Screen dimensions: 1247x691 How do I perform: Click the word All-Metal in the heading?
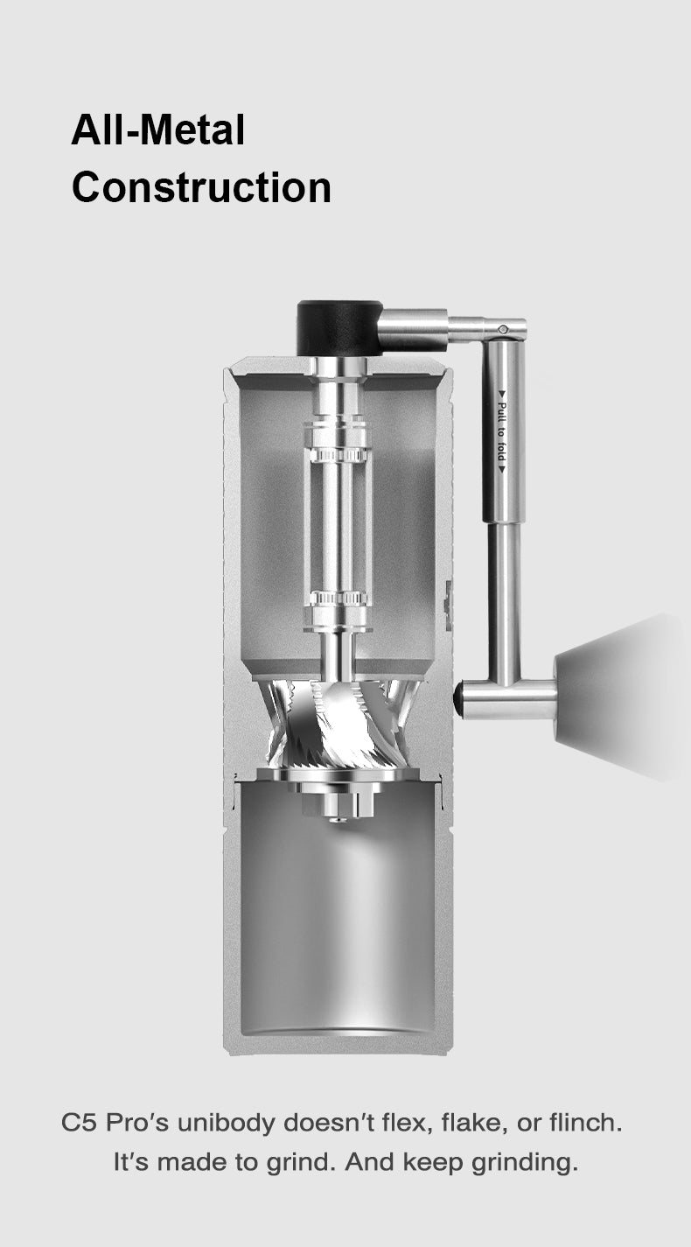[157, 130]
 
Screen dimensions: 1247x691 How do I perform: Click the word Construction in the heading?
[201, 187]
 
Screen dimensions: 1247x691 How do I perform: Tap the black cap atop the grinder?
[339, 327]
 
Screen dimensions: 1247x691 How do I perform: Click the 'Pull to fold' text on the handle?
[502, 432]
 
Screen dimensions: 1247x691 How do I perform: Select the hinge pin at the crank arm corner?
[503, 329]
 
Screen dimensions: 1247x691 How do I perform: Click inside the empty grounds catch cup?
[338, 928]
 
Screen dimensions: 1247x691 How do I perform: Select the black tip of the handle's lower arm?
[457, 699]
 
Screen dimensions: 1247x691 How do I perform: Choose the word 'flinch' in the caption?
[588, 1123]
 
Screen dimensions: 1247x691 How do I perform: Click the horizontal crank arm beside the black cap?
[415, 329]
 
